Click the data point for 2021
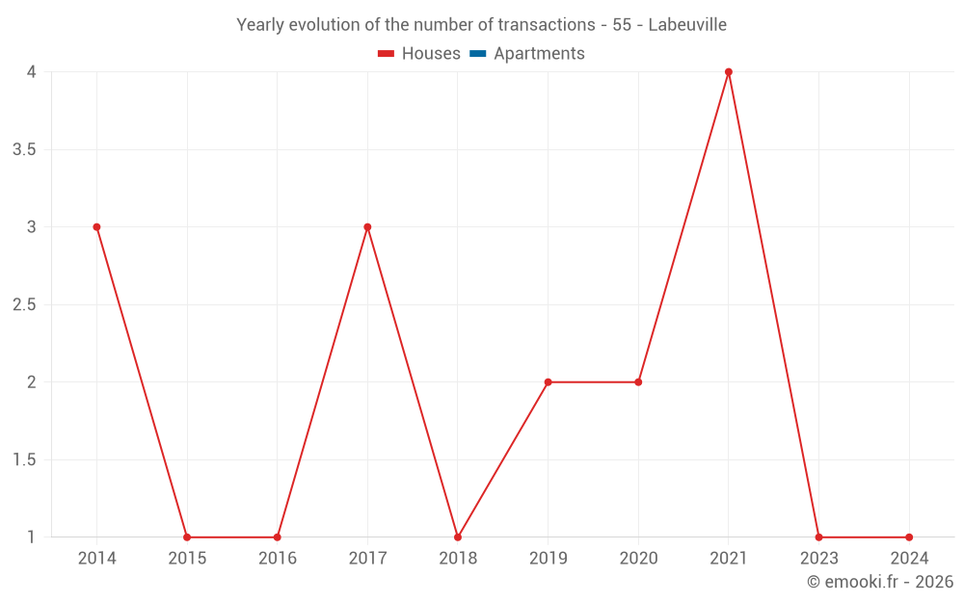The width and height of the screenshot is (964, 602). pyautogui.click(x=729, y=72)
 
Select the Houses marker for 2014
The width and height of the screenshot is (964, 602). pyautogui.click(x=96, y=227)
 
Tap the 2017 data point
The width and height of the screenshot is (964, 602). pyautogui.click(x=367, y=227)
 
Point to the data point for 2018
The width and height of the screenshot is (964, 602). pyautogui.click(x=458, y=537)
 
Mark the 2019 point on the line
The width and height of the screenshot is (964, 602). pyautogui.click(x=548, y=382)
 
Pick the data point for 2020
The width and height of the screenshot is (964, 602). pyautogui.click(x=638, y=382)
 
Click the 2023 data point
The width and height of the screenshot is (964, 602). pyautogui.click(x=818, y=537)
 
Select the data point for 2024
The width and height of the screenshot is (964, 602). pyautogui.click(x=909, y=537)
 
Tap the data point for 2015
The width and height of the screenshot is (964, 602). pyautogui.click(x=187, y=537)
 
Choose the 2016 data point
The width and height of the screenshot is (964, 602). pyautogui.click(x=278, y=537)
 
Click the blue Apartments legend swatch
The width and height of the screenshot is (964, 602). pyautogui.click(x=478, y=54)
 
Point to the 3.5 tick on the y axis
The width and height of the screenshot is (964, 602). pyautogui.click(x=24, y=150)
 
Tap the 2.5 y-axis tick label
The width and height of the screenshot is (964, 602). pyautogui.click(x=24, y=305)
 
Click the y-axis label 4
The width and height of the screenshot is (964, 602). pyautogui.click(x=31, y=72)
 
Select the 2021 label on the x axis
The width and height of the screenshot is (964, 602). pyautogui.click(x=729, y=559)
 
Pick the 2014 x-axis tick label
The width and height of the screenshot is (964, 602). pyautogui.click(x=96, y=559)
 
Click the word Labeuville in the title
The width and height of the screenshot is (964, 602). pyautogui.click(x=687, y=25)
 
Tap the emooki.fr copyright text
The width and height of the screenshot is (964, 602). pyautogui.click(x=880, y=582)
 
